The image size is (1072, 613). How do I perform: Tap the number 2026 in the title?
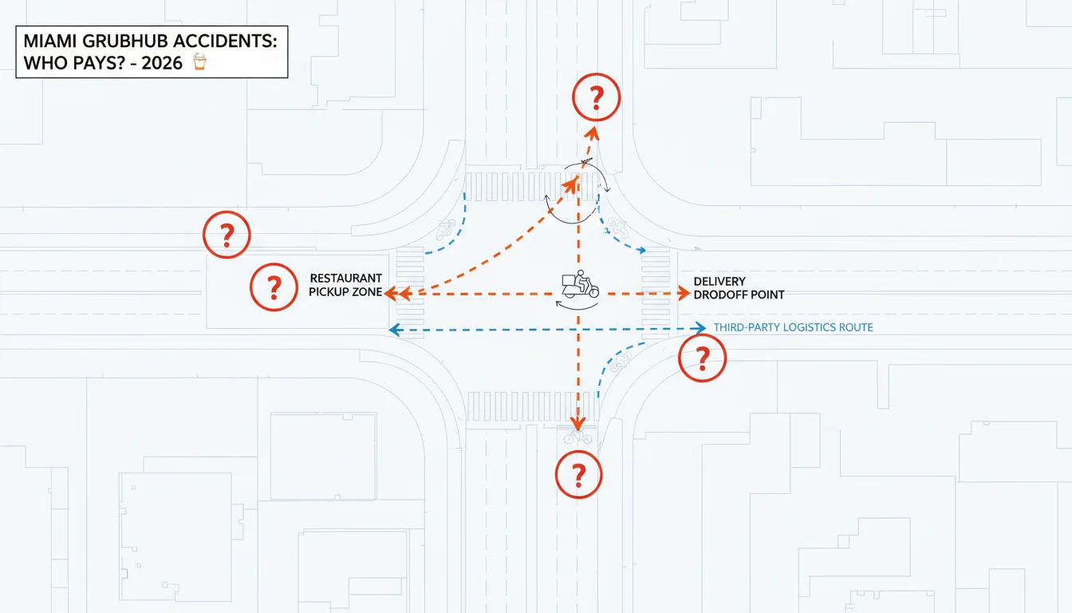162,63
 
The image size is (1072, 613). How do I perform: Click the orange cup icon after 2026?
199,62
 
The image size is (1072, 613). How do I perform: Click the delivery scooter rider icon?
580,284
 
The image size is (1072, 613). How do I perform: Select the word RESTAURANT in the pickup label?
345,279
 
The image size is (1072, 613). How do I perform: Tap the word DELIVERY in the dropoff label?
719,281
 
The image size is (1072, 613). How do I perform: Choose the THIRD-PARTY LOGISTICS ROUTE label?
793,327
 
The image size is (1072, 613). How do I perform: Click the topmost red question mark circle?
597,97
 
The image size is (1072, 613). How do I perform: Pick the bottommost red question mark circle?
578,475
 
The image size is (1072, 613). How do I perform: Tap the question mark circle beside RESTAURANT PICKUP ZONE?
274,287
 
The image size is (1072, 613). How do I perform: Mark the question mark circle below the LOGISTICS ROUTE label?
702,358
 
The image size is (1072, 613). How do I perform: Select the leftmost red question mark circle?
227,235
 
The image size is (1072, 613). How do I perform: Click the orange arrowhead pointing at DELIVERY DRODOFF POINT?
684,293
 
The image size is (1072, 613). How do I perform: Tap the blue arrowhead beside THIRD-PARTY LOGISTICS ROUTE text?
700,327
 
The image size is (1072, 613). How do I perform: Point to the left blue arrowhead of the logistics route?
394,330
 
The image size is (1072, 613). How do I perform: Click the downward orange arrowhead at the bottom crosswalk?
578,423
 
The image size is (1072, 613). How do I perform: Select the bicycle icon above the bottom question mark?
578,437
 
